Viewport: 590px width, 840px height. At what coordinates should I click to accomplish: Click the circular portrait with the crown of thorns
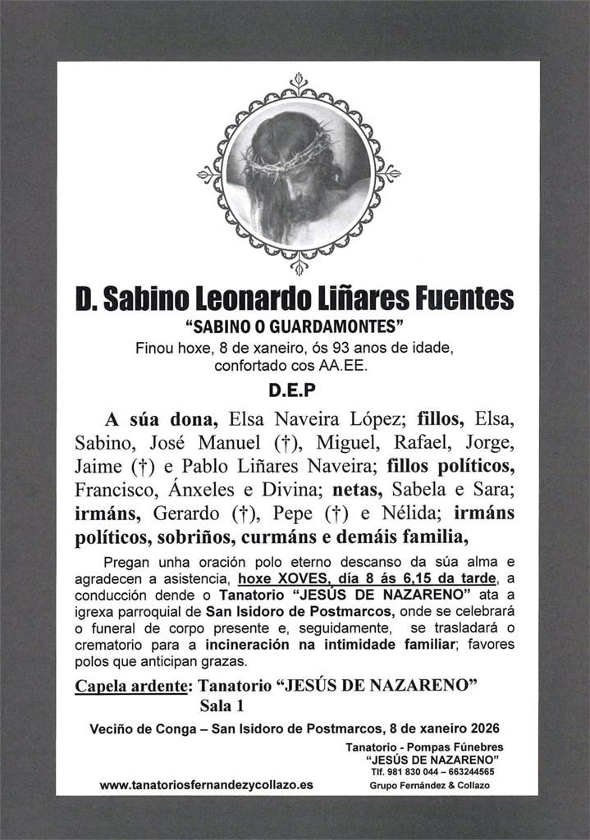coord(298,175)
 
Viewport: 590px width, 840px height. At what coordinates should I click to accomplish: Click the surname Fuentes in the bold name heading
coord(465,299)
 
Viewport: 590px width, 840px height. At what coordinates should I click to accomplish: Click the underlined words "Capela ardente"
coord(129,686)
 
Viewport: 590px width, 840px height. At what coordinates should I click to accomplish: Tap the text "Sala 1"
coord(222,705)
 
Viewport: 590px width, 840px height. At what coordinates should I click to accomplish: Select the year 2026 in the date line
coord(483,728)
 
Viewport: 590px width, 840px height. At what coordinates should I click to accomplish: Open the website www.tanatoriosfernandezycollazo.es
coord(206,785)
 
